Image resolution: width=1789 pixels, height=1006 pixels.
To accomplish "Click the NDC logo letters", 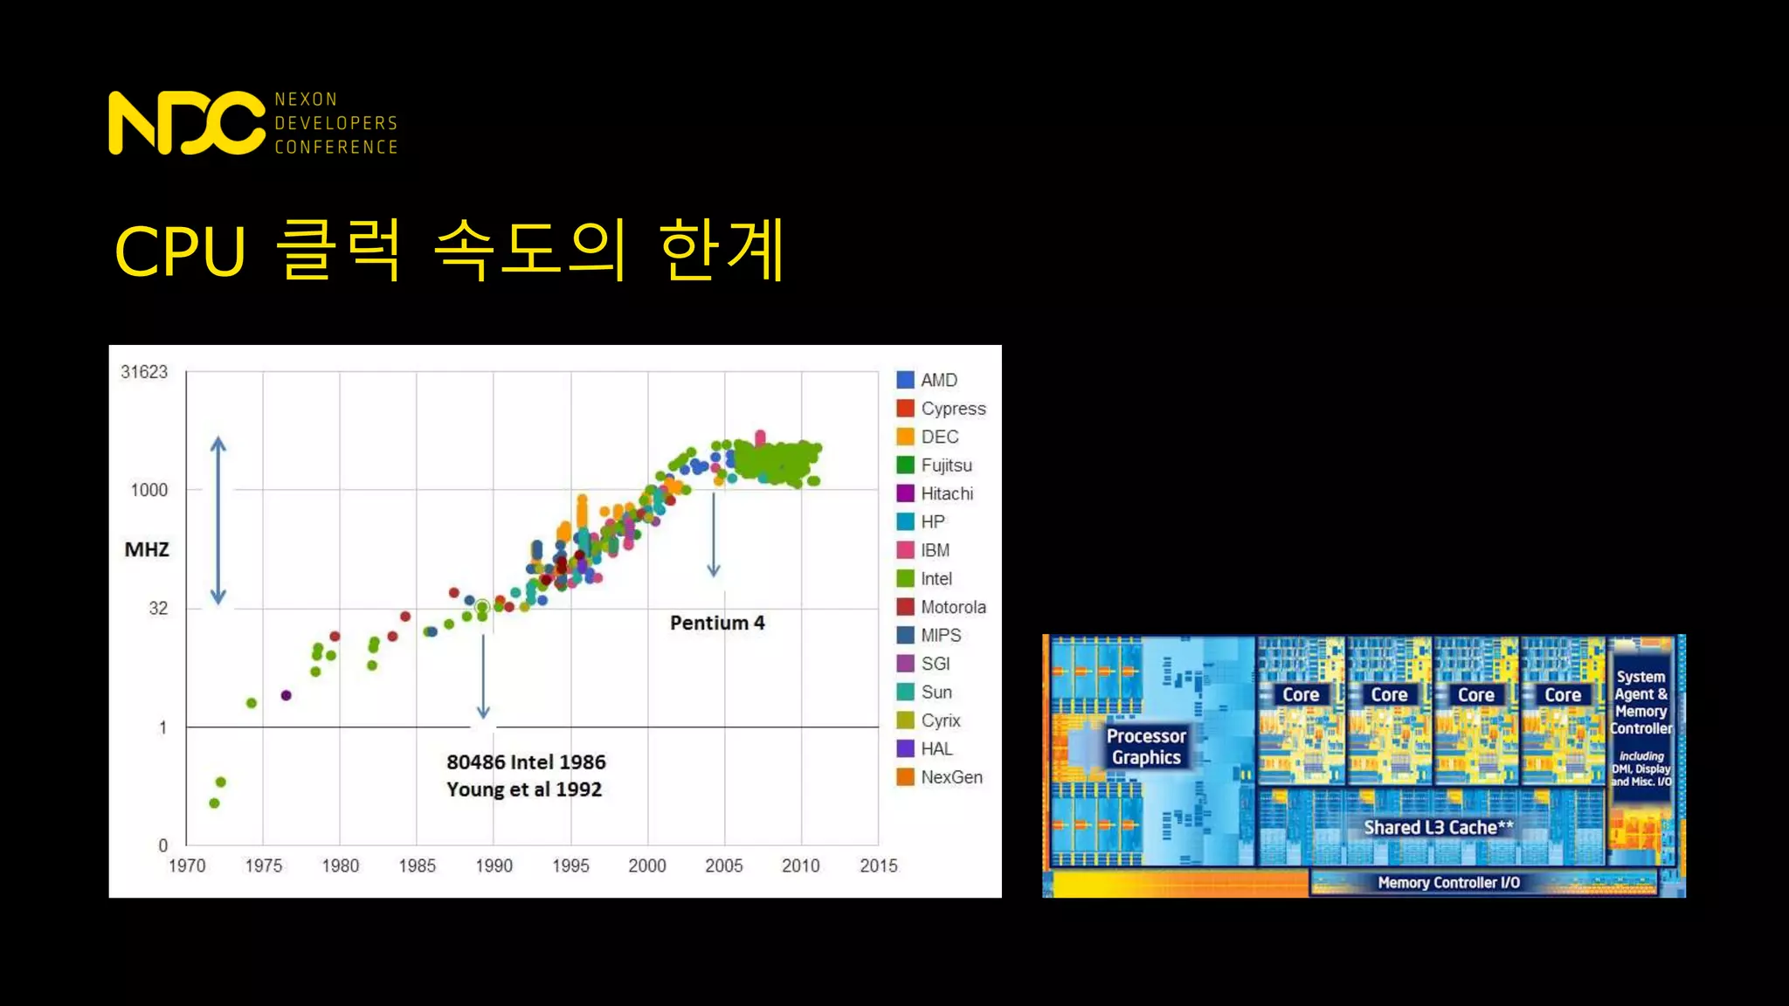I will (186, 123).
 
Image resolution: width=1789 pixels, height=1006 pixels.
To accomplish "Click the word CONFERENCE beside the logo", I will (336, 148).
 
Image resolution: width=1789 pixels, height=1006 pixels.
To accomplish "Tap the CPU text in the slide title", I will (181, 252).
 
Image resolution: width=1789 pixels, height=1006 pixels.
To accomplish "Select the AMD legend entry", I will (938, 380).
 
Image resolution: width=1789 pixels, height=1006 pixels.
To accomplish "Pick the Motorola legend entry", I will (952, 607).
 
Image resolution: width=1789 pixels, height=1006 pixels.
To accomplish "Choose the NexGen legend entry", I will (950, 777).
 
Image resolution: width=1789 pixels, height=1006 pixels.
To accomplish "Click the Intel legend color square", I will (906, 578).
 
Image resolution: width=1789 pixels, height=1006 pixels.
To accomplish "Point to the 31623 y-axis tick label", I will (144, 372).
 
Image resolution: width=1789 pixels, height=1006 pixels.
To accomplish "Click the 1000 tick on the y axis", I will (149, 490).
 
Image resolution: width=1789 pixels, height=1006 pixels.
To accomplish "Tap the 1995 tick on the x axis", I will (570, 865).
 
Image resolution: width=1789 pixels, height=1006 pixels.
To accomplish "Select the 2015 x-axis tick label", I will (878, 865).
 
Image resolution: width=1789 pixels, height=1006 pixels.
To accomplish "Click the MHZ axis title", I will (147, 549).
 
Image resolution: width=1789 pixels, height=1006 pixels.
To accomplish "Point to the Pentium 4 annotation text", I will (717, 623).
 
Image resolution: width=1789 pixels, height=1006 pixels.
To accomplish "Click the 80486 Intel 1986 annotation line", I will (526, 761).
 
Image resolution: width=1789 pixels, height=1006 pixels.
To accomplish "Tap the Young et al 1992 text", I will (524, 789).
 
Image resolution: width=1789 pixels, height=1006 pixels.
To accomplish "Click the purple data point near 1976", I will (286, 695).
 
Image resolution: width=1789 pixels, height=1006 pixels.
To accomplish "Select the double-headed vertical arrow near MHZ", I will (218, 520).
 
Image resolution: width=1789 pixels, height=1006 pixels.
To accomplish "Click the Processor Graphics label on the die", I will (1146, 747).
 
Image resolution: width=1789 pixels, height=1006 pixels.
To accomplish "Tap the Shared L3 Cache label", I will (1438, 827).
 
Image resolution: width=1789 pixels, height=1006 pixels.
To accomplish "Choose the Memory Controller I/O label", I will (1448, 883).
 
